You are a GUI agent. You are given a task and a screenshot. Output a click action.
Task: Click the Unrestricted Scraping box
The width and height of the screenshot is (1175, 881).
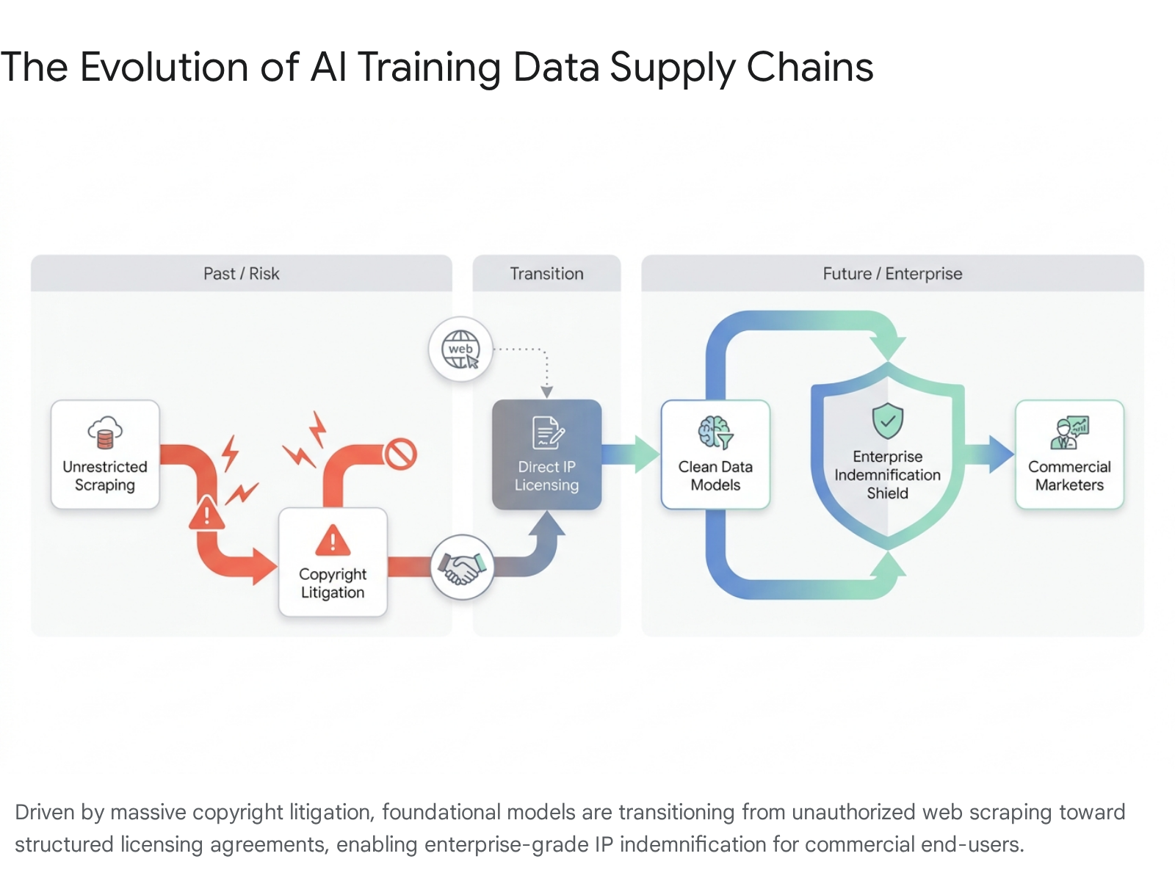pos(105,454)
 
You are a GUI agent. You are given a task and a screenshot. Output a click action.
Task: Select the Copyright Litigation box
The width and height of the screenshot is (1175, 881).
pos(333,562)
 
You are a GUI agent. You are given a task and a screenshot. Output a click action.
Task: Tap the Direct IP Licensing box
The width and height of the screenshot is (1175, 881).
pos(546,454)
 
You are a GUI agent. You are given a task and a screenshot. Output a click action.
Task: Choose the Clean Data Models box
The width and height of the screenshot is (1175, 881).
pos(715,454)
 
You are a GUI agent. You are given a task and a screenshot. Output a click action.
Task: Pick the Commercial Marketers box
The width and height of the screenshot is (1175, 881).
pos(1069,454)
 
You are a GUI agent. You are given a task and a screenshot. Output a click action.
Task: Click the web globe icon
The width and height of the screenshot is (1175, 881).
pos(460,349)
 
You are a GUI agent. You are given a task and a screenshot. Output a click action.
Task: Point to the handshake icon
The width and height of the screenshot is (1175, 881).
pos(462,567)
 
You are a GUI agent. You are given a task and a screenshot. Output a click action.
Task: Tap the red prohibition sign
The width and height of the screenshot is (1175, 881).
pos(400,454)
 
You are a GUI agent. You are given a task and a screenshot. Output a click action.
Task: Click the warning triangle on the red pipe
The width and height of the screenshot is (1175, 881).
pos(206,513)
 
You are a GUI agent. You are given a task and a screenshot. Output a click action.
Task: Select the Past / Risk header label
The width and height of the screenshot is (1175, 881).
pos(242,274)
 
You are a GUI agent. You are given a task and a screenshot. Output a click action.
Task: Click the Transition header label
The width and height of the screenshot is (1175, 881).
pos(546,274)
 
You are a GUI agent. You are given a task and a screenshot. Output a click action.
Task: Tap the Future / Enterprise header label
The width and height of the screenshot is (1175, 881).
pos(892,274)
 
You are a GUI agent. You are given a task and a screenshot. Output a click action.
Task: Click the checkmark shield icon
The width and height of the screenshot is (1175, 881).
pos(888,421)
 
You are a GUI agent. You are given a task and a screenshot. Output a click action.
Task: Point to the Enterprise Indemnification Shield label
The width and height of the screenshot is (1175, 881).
pos(888,475)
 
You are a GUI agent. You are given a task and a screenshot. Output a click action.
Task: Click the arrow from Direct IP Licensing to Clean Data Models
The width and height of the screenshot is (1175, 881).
pos(631,454)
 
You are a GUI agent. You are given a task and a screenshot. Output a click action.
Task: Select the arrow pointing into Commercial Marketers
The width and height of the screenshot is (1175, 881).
pos(989,454)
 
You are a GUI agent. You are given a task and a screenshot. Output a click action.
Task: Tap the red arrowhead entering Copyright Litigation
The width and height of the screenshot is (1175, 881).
pos(265,567)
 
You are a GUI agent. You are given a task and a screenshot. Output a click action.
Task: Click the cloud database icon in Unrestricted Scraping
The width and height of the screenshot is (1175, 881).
pos(105,432)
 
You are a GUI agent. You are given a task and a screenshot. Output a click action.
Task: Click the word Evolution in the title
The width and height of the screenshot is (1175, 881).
pos(164,68)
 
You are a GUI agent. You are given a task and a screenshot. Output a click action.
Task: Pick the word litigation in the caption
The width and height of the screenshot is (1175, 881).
pos(332,813)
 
